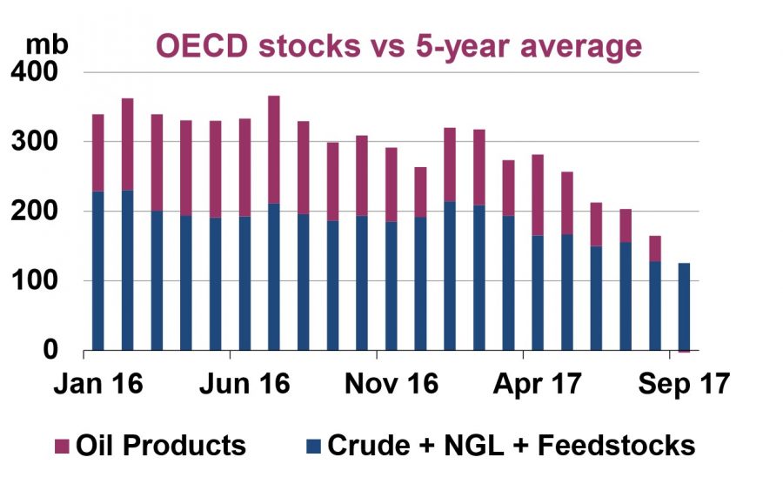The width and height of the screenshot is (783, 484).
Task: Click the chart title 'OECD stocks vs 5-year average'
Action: coord(398,44)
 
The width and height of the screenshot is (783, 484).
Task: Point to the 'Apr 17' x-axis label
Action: coord(532,384)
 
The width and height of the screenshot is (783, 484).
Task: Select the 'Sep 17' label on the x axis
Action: coord(679,384)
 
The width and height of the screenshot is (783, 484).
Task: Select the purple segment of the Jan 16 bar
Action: coord(98,152)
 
